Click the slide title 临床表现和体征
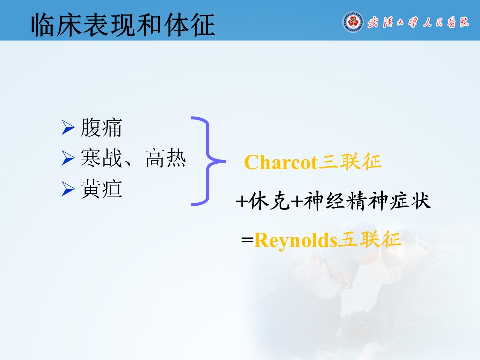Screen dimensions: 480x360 123,25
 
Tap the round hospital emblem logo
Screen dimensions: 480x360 353,22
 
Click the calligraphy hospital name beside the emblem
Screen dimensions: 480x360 418,22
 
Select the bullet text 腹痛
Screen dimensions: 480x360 101,127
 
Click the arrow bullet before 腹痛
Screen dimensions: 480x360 68,127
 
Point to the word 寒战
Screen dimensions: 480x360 101,158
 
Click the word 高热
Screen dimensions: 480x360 166,158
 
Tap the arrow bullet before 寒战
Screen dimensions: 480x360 68,158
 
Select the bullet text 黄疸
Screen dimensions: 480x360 101,189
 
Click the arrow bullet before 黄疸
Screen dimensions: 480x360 68,188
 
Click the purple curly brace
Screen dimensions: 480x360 208,161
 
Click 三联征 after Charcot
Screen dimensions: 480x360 350,161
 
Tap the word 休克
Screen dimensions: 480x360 269,201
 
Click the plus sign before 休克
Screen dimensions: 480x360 242,201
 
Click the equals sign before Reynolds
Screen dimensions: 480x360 247,240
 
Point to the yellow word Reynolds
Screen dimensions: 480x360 295,241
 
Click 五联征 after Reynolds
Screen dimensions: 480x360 369,239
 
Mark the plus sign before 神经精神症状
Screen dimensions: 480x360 297,201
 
